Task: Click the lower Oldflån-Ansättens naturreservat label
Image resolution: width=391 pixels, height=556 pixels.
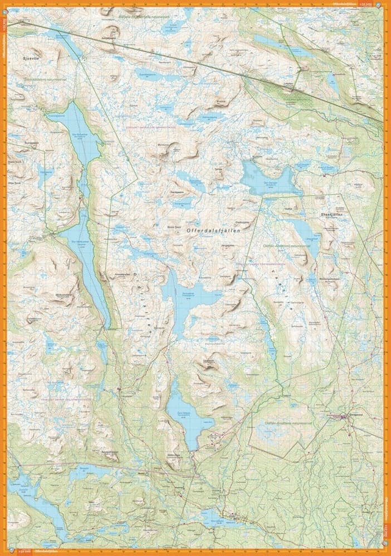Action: point(278,423)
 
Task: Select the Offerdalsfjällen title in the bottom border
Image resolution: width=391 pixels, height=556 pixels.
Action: point(45,552)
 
